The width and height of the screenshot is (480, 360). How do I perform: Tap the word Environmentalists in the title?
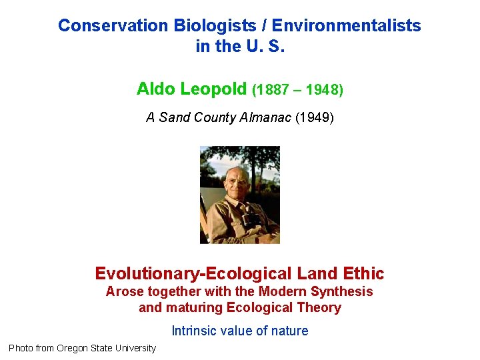(346, 26)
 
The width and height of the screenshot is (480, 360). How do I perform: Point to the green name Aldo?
(156, 89)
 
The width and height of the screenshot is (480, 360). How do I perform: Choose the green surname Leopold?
(215, 89)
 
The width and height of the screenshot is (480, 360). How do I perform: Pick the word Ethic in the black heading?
(364, 274)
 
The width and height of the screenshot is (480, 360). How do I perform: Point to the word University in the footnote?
(134, 348)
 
